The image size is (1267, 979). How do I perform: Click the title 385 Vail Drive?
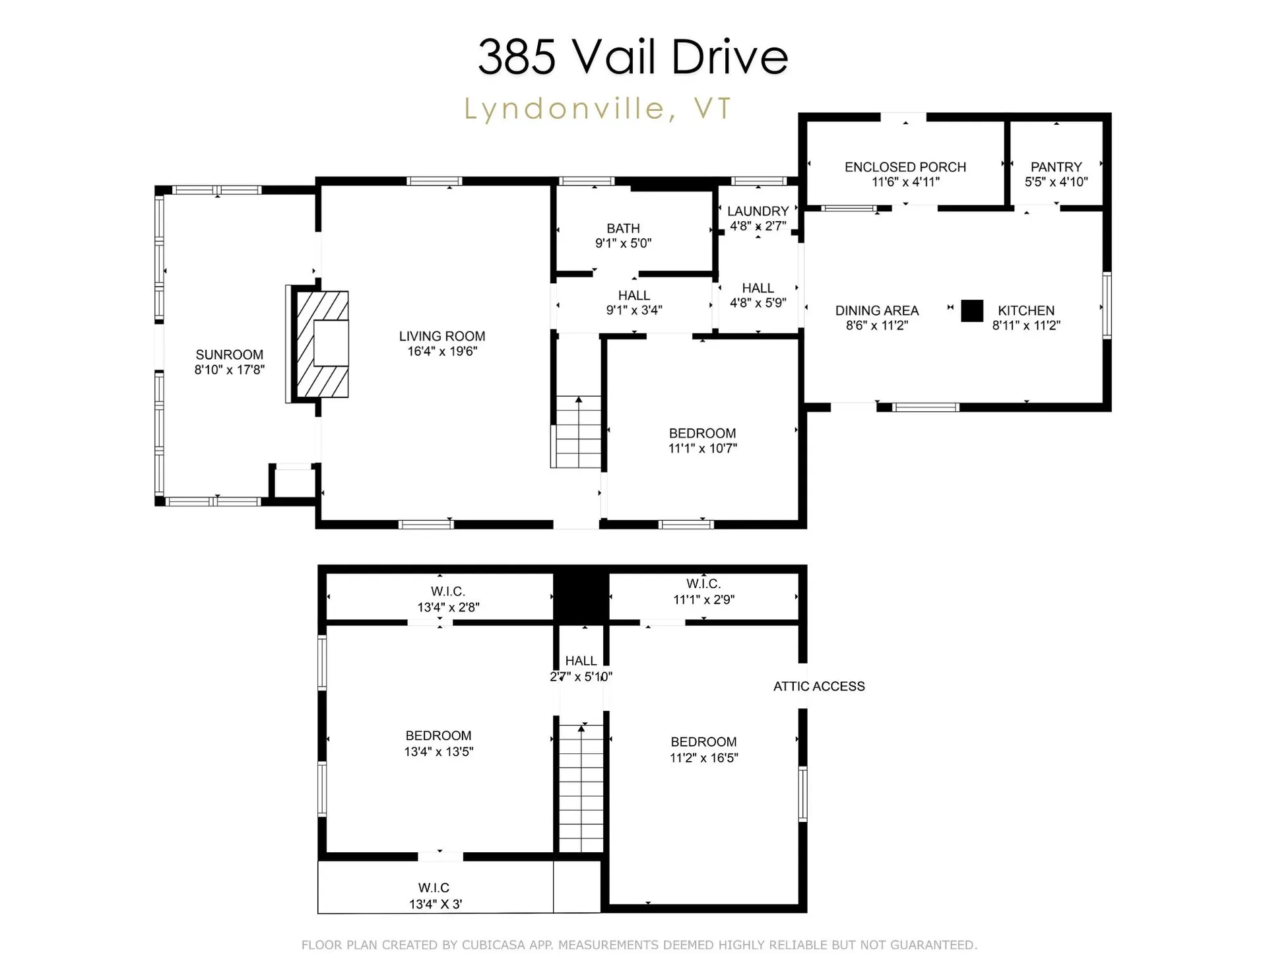tap(632, 57)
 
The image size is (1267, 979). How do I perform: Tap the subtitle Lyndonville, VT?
tap(598, 108)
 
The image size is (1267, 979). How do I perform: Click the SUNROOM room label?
tap(229, 355)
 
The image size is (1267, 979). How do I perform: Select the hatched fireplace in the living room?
tap(322, 344)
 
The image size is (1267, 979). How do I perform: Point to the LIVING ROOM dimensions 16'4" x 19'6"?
tap(441, 351)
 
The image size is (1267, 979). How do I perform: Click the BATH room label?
tap(623, 228)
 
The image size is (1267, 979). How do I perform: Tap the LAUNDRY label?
tap(758, 211)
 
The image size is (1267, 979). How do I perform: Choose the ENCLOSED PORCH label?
tap(905, 167)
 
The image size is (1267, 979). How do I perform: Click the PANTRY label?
tap(1056, 167)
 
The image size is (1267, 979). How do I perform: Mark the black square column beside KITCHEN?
tap(971, 310)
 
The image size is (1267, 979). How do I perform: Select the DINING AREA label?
tap(876, 310)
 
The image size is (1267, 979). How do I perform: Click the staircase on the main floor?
tap(578, 432)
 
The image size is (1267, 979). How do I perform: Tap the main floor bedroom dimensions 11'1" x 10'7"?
tap(702, 448)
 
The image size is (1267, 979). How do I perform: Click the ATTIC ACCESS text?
tap(818, 687)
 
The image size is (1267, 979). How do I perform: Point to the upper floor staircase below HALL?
tap(581, 788)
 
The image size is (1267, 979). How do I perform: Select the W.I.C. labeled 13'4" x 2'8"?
tap(448, 599)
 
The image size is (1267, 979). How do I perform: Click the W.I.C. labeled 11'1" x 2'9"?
tap(703, 591)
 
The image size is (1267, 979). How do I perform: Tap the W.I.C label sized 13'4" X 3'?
tap(434, 896)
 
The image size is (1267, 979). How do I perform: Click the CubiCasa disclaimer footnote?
tap(639, 945)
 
